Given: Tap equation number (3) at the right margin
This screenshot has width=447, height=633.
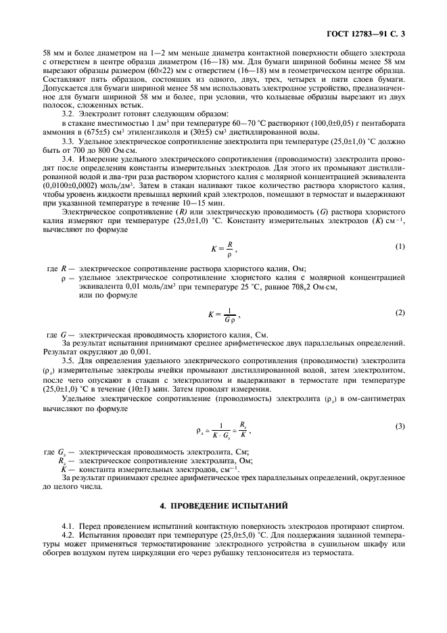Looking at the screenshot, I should [399, 426].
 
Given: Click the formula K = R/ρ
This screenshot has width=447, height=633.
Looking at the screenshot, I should [223, 248].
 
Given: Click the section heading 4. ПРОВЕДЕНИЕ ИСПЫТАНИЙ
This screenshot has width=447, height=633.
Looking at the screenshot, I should [223, 505].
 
